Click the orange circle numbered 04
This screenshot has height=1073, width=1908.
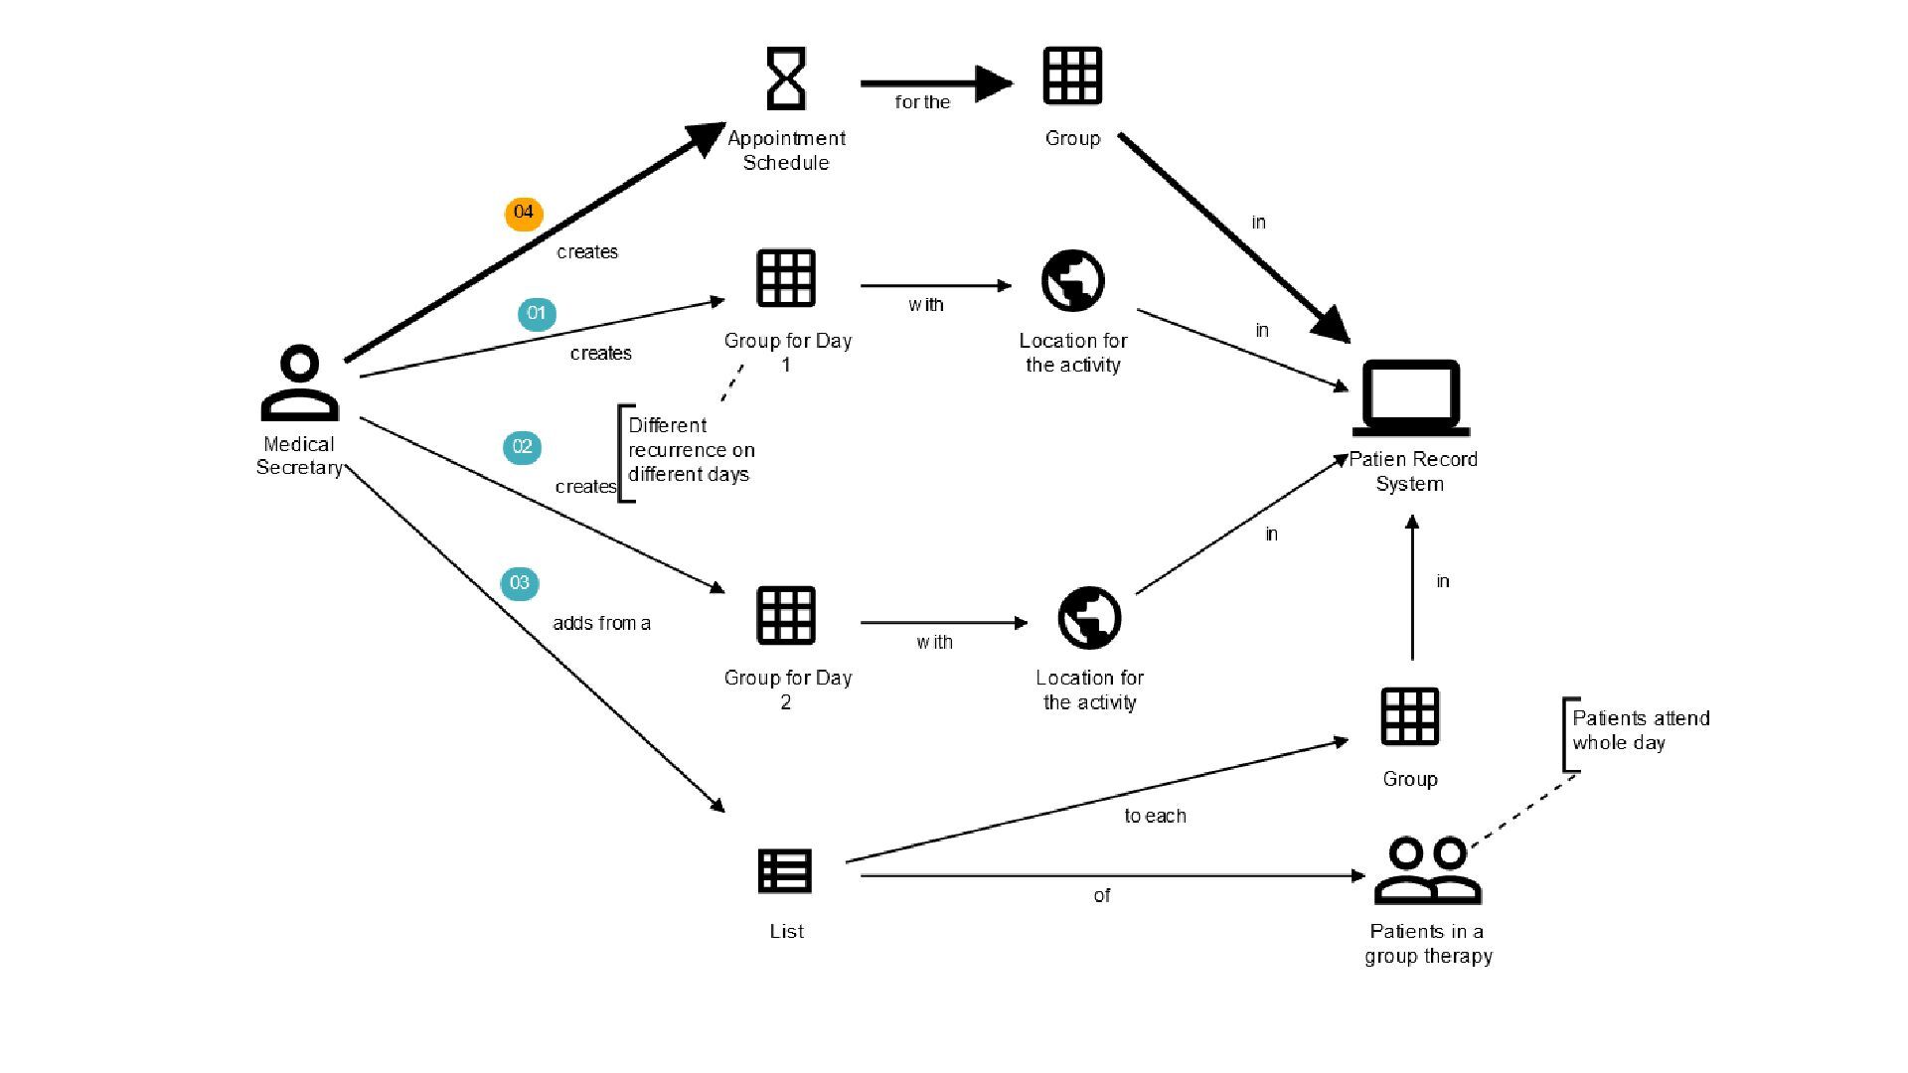click(524, 213)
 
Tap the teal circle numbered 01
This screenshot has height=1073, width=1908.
click(537, 314)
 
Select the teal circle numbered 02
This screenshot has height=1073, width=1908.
click(523, 447)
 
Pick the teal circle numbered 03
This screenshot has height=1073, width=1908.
click(520, 583)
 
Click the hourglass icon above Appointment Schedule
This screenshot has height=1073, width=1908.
click(786, 78)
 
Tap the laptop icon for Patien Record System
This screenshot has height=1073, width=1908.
click(1410, 398)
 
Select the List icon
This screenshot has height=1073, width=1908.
click(785, 871)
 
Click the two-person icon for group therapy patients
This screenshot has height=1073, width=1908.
click(1427, 870)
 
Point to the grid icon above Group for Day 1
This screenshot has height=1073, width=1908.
click(786, 278)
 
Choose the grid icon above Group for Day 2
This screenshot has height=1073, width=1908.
click(786, 616)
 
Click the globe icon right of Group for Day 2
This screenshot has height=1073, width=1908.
click(1089, 617)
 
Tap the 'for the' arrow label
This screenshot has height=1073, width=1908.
click(922, 102)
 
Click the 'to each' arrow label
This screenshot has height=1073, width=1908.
click(1155, 816)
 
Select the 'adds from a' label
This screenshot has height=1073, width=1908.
click(601, 624)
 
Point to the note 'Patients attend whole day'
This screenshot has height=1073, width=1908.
click(1640, 730)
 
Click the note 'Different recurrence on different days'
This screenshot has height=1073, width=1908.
click(691, 450)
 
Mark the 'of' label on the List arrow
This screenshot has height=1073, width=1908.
click(1102, 896)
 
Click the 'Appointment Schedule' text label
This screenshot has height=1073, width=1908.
click(786, 151)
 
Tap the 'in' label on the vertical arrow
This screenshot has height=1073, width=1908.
click(1443, 582)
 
